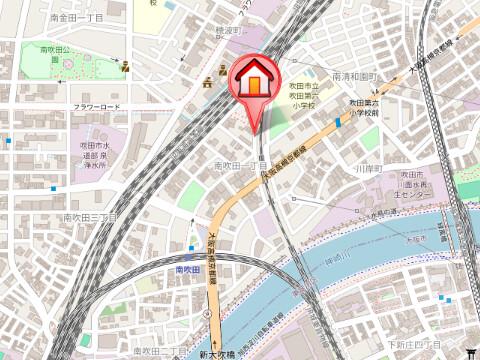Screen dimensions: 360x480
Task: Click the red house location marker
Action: click(255, 81)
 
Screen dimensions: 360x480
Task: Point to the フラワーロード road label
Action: click(96, 106)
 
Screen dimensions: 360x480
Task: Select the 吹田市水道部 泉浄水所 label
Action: click(101, 156)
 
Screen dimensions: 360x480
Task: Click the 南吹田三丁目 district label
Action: click(90, 216)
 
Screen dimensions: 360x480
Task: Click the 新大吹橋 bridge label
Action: click(214, 354)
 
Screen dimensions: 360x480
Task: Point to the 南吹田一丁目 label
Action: click(238, 165)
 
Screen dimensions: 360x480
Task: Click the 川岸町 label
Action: click(369, 168)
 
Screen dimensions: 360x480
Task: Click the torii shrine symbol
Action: click(471, 350)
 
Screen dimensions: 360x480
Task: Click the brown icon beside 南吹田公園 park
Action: click(126, 68)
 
